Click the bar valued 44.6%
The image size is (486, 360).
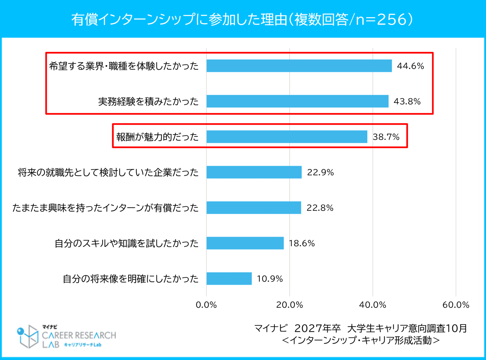pyautogui.click(x=299, y=66)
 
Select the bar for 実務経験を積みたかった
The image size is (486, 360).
pyautogui.click(x=297, y=101)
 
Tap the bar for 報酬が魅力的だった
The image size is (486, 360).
pyautogui.click(x=287, y=137)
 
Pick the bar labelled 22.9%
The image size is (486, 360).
pyautogui.click(x=254, y=172)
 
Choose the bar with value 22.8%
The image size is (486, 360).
pyautogui.click(x=254, y=208)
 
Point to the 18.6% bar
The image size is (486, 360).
pyautogui.click(x=245, y=243)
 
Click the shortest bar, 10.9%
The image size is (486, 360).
pyautogui.click(x=229, y=279)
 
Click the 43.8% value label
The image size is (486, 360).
pyautogui.click(x=407, y=101)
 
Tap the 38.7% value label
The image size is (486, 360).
pyautogui.click(x=386, y=137)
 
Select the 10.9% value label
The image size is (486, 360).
pyautogui.click(x=270, y=279)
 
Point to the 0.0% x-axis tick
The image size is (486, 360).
pyautogui.click(x=206, y=305)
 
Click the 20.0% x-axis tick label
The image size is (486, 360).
pyautogui.click(x=289, y=305)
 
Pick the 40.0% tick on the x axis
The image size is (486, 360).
pyautogui.click(x=373, y=305)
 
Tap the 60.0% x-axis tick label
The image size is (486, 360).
pyautogui.click(x=456, y=305)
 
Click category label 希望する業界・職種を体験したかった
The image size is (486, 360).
pyautogui.click(x=124, y=66)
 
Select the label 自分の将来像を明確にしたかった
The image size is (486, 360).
pyautogui.click(x=131, y=279)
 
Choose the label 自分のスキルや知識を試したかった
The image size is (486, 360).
pyautogui.click(x=127, y=243)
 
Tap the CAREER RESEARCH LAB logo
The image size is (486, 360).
pyautogui.click(x=66, y=336)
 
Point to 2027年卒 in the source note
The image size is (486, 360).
pyautogui.click(x=317, y=328)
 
